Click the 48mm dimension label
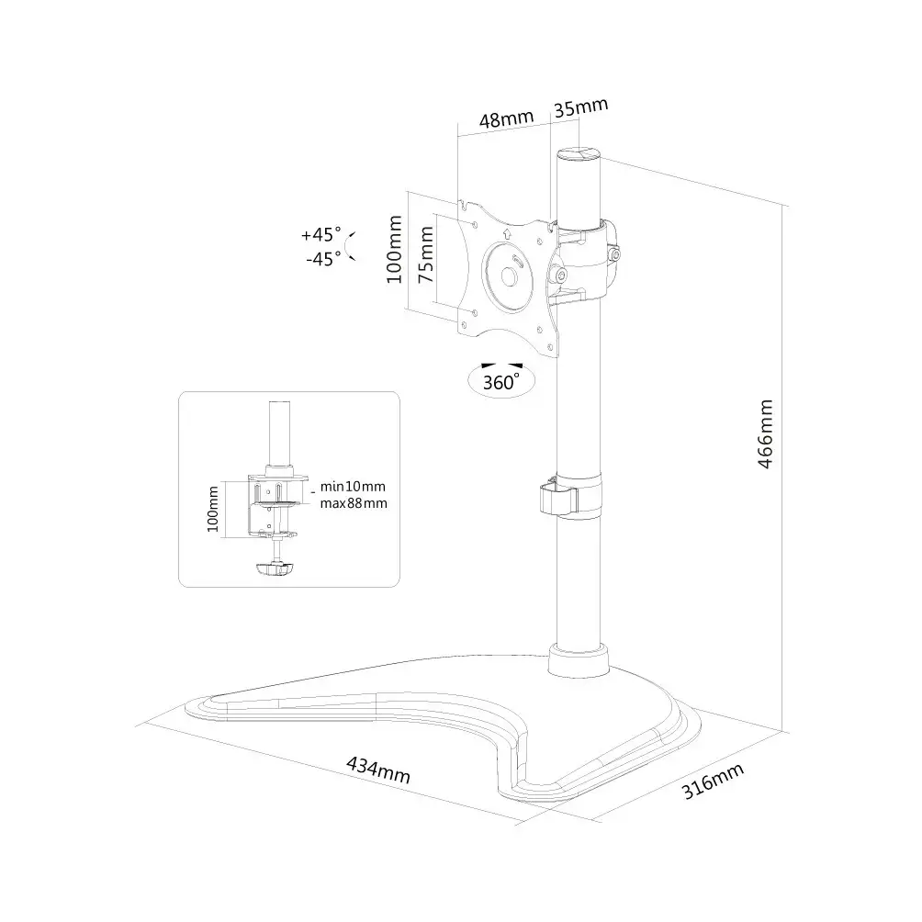[x=506, y=118]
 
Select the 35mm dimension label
[x=581, y=107]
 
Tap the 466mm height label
[x=765, y=434]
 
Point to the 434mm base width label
[x=378, y=770]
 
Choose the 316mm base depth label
[x=713, y=781]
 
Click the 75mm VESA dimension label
[x=426, y=254]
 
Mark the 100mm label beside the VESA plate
[x=394, y=249]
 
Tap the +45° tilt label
[x=321, y=234]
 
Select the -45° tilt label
[x=323, y=259]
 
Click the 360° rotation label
[x=501, y=382]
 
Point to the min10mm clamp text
[x=353, y=487]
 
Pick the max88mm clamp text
[x=354, y=503]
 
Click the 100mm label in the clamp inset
[x=212, y=510]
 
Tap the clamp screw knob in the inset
[x=274, y=568]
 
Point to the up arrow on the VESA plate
[x=508, y=233]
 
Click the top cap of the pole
[x=579, y=154]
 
